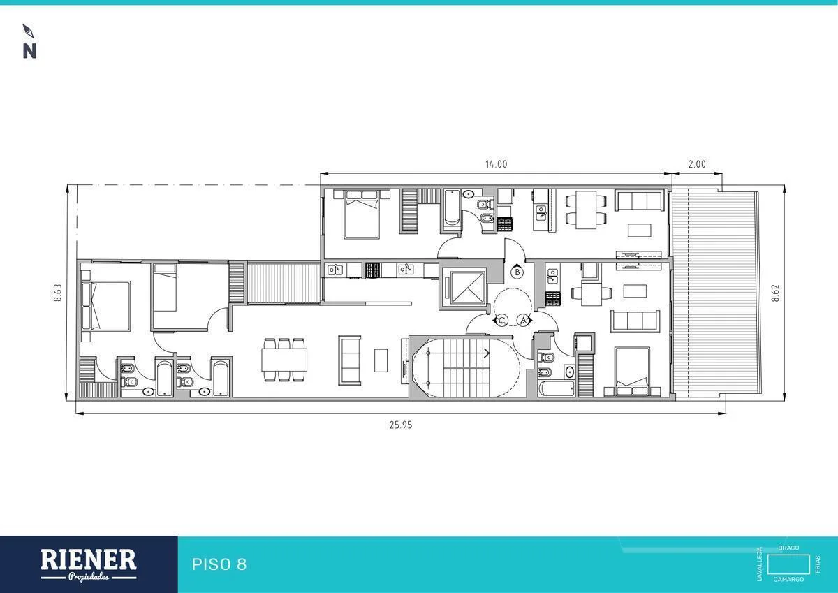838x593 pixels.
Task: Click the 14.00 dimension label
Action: click(496, 164)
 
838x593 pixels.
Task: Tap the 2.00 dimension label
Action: click(697, 164)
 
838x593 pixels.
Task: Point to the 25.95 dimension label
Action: click(401, 425)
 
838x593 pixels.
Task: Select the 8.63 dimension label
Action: click(57, 293)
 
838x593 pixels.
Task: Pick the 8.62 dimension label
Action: click(776, 293)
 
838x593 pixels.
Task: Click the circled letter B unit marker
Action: click(517, 272)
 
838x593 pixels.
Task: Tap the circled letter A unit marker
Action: click(524, 321)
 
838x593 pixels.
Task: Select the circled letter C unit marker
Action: click(501, 321)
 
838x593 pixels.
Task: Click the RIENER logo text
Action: click(88, 559)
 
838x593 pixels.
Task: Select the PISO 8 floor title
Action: click(219, 564)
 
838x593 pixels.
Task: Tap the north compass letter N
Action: click(29, 51)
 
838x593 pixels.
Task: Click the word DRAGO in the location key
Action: click(788, 548)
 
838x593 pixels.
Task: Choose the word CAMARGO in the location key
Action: click(788, 579)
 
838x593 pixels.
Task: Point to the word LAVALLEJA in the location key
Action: click(760, 564)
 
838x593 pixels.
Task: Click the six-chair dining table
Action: click(284, 360)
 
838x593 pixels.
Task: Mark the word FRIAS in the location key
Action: click(818, 564)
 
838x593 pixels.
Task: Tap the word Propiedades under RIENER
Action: click(89, 578)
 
